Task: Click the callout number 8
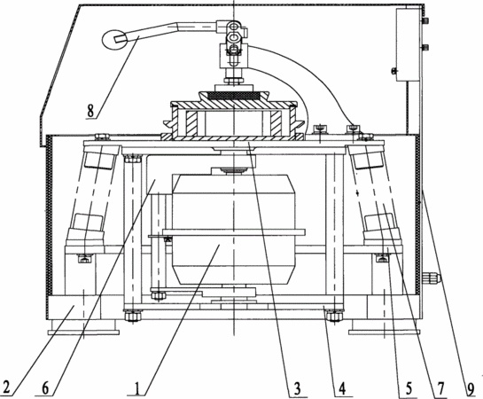(x=90, y=111)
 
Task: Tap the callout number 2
(x=6, y=387)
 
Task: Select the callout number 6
(x=45, y=387)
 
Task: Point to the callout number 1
(x=137, y=388)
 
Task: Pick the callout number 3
(x=297, y=388)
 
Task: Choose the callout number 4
(x=342, y=388)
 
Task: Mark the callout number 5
(x=409, y=389)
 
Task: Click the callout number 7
(x=440, y=389)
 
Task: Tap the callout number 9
(x=471, y=389)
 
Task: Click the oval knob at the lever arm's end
(x=114, y=39)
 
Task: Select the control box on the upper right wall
(x=409, y=44)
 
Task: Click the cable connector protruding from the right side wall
(x=432, y=278)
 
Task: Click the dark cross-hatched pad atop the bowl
(x=234, y=96)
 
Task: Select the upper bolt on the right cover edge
(x=425, y=21)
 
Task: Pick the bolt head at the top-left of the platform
(x=102, y=137)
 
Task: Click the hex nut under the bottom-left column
(x=133, y=317)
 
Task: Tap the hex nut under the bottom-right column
(x=334, y=317)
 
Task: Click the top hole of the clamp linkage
(x=235, y=25)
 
